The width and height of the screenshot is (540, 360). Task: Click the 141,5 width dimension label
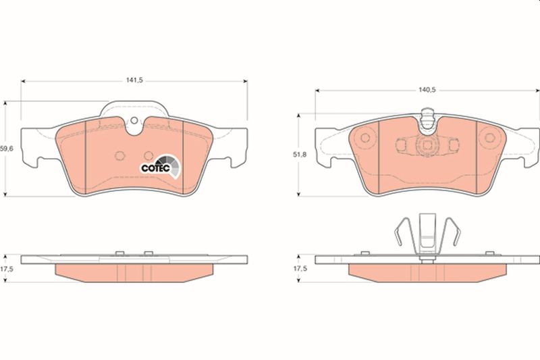click(x=134, y=80)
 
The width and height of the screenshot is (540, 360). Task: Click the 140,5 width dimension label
click(x=427, y=90)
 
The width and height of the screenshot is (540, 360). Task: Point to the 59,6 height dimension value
click(x=6, y=149)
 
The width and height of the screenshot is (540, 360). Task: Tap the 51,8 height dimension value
click(x=300, y=155)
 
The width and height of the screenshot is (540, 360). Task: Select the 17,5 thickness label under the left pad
click(x=6, y=269)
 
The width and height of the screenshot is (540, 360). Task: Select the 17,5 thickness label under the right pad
click(x=300, y=269)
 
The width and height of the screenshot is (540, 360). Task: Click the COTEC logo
click(x=161, y=167)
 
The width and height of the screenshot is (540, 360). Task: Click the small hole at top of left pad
click(x=134, y=120)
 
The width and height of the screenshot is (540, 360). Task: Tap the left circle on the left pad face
click(x=119, y=156)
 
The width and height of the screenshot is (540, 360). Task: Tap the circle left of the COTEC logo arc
click(x=148, y=156)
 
